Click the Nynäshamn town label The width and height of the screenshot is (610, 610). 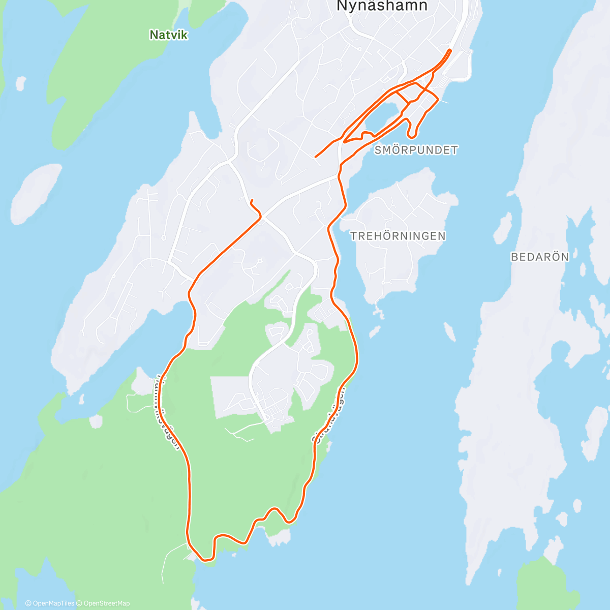382,6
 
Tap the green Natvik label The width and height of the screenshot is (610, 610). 169,35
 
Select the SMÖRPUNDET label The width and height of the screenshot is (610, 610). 416,150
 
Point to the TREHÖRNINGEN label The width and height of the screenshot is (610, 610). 398,236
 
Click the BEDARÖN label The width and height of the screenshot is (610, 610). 540,257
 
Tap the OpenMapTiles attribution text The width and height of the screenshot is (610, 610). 50,603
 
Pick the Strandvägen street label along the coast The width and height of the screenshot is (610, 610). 329,415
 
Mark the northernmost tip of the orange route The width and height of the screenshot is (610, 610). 450,50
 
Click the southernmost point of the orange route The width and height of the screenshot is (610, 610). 205,560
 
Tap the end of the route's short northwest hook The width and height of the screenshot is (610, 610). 252,199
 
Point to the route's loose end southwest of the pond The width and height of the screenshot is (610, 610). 316,157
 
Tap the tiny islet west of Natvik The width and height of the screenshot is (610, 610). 21,83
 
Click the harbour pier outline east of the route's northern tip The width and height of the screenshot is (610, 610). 464,66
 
